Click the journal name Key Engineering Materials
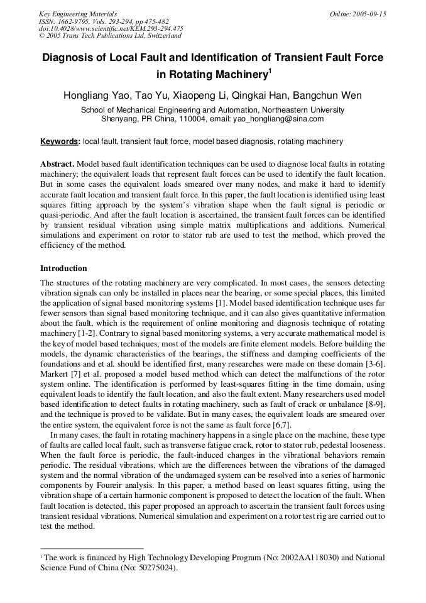click(77, 14)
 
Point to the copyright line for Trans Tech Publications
click(110, 36)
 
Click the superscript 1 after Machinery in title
click(270, 70)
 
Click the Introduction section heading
click(63, 268)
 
